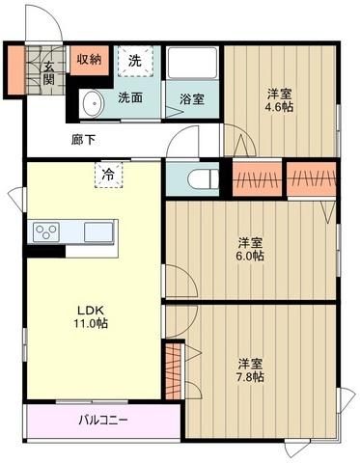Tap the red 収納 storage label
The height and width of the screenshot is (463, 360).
click(89, 60)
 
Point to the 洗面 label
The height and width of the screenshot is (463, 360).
click(131, 97)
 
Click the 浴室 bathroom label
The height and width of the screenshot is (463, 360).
click(191, 98)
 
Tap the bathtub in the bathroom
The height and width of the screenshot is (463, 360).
click(193, 65)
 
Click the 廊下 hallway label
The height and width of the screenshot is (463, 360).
click(84, 139)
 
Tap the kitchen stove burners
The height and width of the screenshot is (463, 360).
click(47, 232)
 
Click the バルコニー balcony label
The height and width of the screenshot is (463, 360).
click(102, 420)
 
